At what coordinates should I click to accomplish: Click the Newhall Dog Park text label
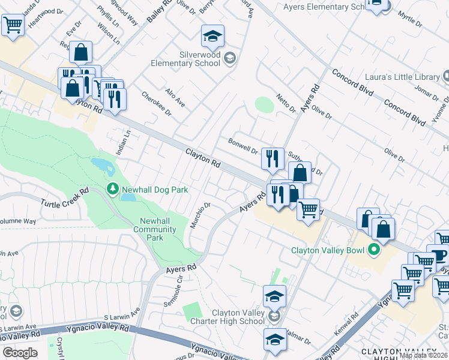pyautogui.click(x=155, y=190)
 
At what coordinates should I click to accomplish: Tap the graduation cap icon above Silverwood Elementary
pyautogui.click(x=212, y=37)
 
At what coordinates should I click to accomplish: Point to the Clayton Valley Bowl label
pyautogui.click(x=329, y=250)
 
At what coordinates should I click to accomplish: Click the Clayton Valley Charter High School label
pyautogui.click(x=229, y=317)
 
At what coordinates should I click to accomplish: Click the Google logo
pyautogui.click(x=20, y=352)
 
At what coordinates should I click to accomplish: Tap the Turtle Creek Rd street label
pyautogui.click(x=65, y=197)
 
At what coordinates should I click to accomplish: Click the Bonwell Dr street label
pyautogui.click(x=243, y=146)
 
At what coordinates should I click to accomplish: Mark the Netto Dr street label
pyautogui.click(x=286, y=103)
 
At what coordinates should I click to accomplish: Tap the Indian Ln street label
pyautogui.click(x=122, y=145)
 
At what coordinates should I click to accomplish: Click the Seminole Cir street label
pyautogui.click(x=171, y=284)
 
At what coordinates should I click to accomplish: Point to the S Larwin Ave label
pyautogui.click(x=121, y=312)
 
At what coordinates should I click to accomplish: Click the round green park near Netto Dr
pyautogui.click(x=264, y=104)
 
